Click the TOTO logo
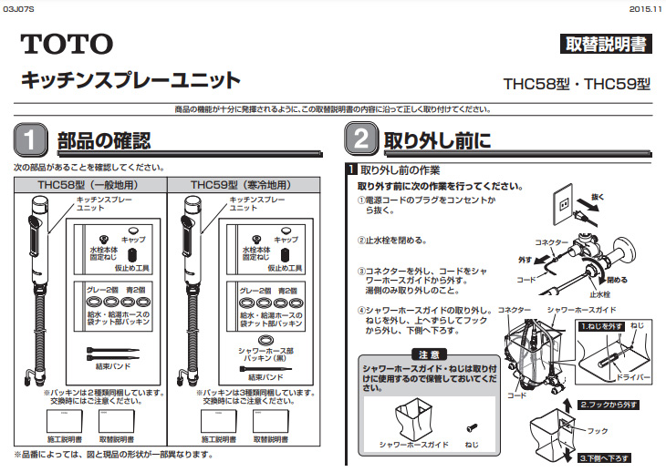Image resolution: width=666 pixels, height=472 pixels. point(68,43)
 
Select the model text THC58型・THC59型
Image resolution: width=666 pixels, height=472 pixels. point(577,84)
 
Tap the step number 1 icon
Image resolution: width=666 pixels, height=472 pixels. point(30,141)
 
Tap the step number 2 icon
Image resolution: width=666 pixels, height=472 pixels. point(359,141)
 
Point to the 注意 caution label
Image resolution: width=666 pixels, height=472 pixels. point(429,354)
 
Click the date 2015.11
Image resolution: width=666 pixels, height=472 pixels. point(645,7)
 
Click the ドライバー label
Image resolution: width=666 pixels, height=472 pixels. point(630,375)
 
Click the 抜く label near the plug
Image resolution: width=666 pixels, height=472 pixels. point(598,197)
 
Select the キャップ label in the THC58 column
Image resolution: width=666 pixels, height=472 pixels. point(132,239)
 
